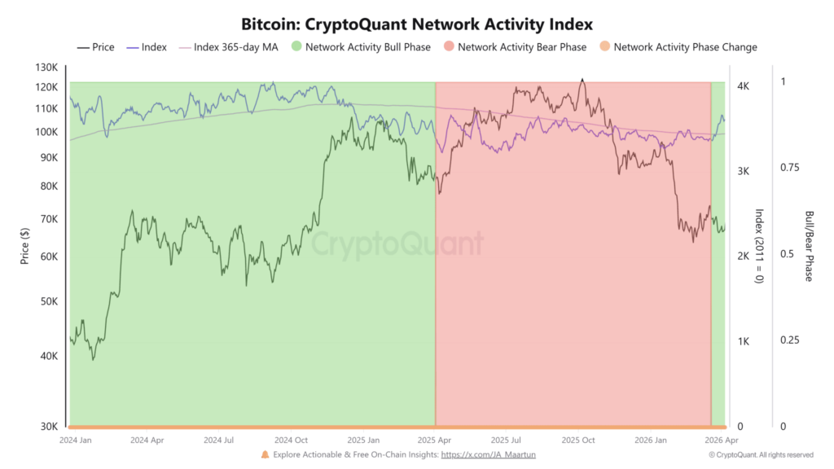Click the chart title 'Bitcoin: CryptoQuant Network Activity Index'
coord(417,24)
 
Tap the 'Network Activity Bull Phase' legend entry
coord(367,47)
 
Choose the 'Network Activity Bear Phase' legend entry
coord(521,47)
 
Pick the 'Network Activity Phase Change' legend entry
coord(684,47)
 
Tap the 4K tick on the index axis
coord(743,85)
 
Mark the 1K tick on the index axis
coord(743,341)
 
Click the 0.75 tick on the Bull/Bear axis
coord(788,167)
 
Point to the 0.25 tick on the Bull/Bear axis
coord(788,340)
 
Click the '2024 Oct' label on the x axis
coord(291,440)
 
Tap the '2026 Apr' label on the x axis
coord(721,440)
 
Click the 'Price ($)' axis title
coord(24,245)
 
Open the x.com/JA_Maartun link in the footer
coord(488,454)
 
